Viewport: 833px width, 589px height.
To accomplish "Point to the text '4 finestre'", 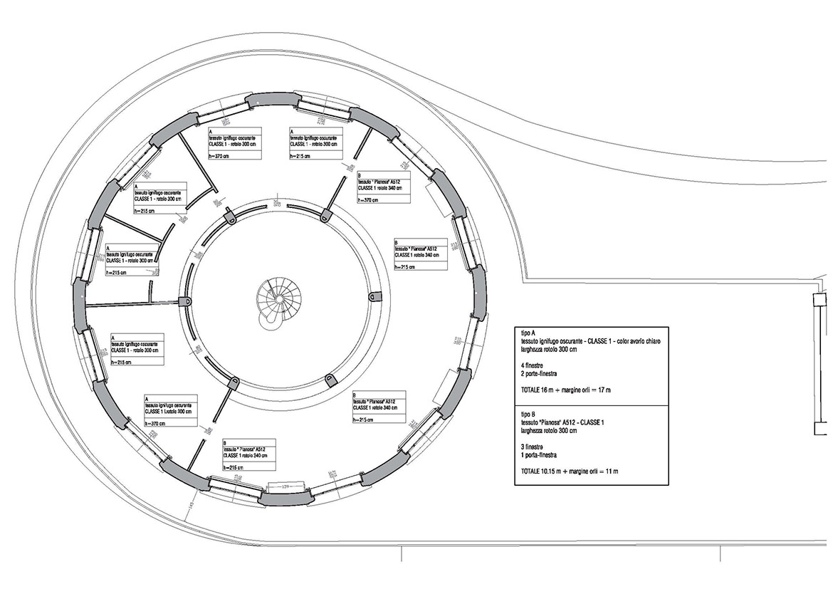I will [535, 366].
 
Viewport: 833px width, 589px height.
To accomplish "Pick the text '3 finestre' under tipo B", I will [535, 447].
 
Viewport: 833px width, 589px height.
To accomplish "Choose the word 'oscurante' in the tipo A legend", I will [576, 343].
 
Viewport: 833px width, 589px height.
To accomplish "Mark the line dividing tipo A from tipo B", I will [592, 405].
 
